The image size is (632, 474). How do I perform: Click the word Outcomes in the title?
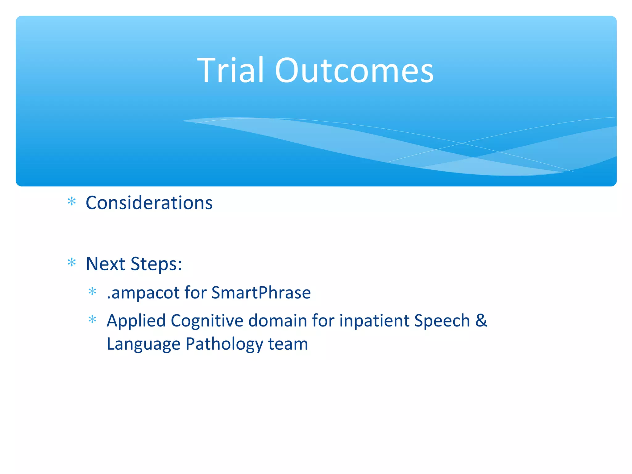[354, 71]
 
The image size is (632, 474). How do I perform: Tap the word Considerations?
[149, 203]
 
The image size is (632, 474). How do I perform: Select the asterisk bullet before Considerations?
[72, 202]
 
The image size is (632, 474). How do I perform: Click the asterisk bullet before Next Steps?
[72, 263]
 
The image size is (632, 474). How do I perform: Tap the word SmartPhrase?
[261, 293]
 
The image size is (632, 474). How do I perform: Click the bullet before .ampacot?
[92, 291]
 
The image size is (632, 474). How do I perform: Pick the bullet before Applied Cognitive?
[92, 319]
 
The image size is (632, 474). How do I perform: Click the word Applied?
[136, 321]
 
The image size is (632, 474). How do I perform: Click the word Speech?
[442, 321]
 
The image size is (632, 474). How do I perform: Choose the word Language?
[143, 344]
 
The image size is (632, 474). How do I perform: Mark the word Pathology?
[224, 344]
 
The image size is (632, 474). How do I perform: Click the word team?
[288, 344]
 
